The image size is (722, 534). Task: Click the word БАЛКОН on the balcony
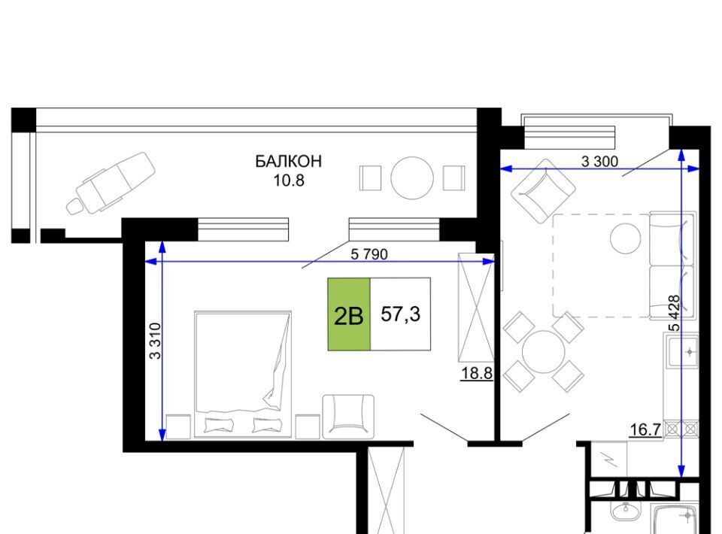point(289,161)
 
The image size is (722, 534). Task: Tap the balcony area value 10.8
point(289,181)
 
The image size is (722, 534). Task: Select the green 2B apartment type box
point(349,314)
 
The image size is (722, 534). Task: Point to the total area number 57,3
point(401,314)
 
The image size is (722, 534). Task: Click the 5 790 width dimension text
point(369,253)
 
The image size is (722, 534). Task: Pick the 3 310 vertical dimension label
point(156,341)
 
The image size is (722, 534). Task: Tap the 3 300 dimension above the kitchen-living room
point(599,161)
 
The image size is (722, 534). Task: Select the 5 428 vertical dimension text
point(675,313)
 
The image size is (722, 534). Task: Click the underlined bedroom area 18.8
point(477,373)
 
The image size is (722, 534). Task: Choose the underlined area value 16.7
point(645,430)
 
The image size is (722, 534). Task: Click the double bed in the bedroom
point(243,375)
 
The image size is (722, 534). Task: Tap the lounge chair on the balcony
point(111,184)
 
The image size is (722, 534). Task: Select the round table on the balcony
point(412,178)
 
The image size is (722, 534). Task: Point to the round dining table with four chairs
point(543,352)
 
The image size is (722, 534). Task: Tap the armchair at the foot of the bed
point(348,416)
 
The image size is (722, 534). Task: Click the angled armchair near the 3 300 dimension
point(543,192)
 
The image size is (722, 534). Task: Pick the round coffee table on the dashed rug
point(625,238)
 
